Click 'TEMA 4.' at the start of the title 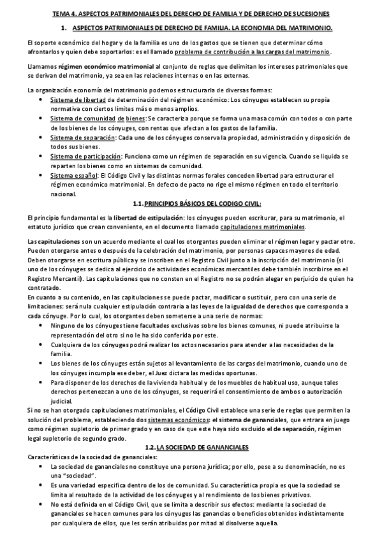click(62, 13)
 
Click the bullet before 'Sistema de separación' click(41, 138)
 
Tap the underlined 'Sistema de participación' click(85, 156)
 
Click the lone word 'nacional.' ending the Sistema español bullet click(62, 194)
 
